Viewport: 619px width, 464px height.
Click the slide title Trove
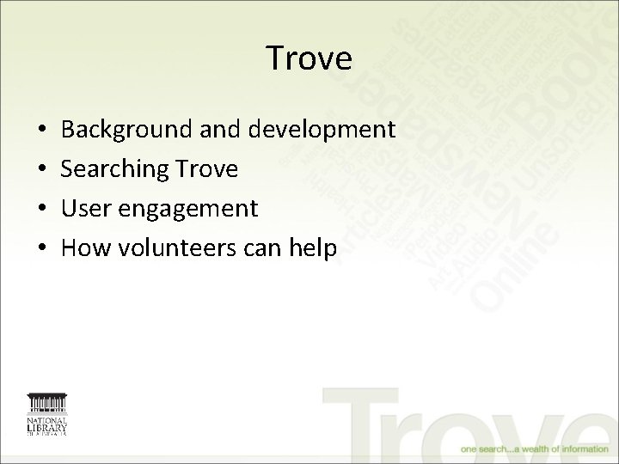coord(309,58)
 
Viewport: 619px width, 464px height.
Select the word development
coord(322,131)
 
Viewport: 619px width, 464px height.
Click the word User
coord(83,208)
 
